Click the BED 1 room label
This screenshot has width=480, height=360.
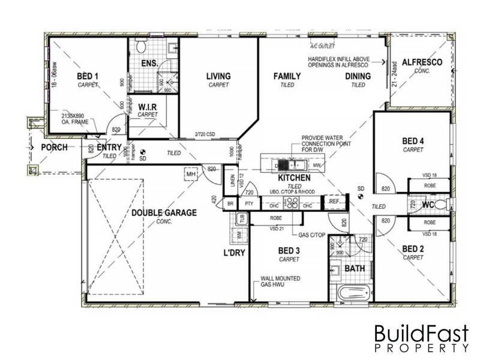[x=88, y=77]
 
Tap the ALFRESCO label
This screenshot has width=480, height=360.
[x=422, y=62]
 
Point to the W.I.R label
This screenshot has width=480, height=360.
[x=147, y=107]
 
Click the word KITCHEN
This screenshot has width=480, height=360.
[x=294, y=178]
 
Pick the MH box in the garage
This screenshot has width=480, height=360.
[x=191, y=174]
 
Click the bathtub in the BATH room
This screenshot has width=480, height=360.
[x=352, y=294]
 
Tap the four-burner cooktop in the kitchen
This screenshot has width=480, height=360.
[x=292, y=203]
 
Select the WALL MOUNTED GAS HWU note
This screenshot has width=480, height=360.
[x=280, y=282]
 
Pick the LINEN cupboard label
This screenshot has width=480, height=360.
[x=233, y=181]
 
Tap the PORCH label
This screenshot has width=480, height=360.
[x=53, y=147]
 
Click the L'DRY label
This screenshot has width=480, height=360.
[x=234, y=253]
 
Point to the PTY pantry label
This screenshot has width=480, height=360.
[x=249, y=204]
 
